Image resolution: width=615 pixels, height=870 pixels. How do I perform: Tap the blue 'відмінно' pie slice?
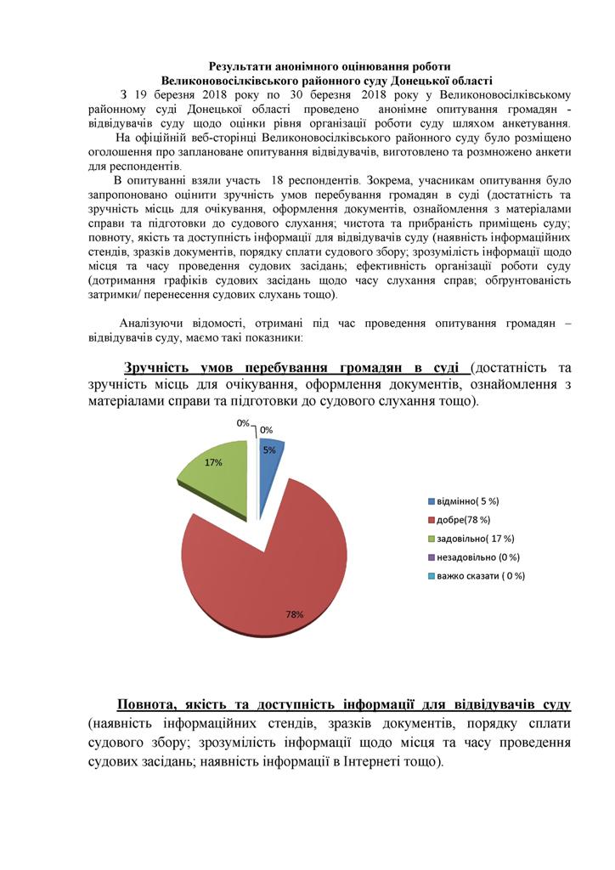(x=269, y=459)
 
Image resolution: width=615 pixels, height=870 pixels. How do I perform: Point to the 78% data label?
(x=295, y=614)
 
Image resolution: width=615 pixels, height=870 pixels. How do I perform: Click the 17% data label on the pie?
(x=213, y=462)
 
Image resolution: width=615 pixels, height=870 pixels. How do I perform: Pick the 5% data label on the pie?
(x=268, y=450)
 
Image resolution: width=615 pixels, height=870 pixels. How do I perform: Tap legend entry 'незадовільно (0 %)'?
(x=477, y=557)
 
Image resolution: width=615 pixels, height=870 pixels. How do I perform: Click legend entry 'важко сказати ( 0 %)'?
(x=480, y=576)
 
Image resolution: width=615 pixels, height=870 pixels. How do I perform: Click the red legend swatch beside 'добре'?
(x=431, y=519)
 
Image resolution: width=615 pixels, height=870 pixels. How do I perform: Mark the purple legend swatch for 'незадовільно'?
(x=431, y=557)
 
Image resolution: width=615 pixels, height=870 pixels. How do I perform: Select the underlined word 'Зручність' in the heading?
(x=162, y=368)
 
